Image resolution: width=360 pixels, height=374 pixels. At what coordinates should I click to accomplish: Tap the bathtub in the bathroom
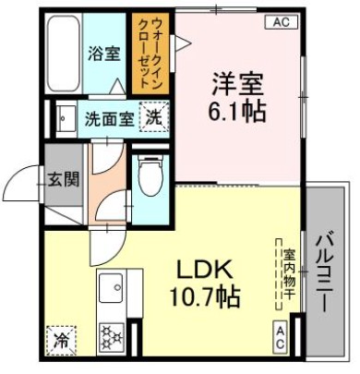coord(62,51)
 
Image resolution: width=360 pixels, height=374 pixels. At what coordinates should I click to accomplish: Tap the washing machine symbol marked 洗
coord(153,117)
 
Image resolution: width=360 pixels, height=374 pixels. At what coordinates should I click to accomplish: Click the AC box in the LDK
coord(280,336)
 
